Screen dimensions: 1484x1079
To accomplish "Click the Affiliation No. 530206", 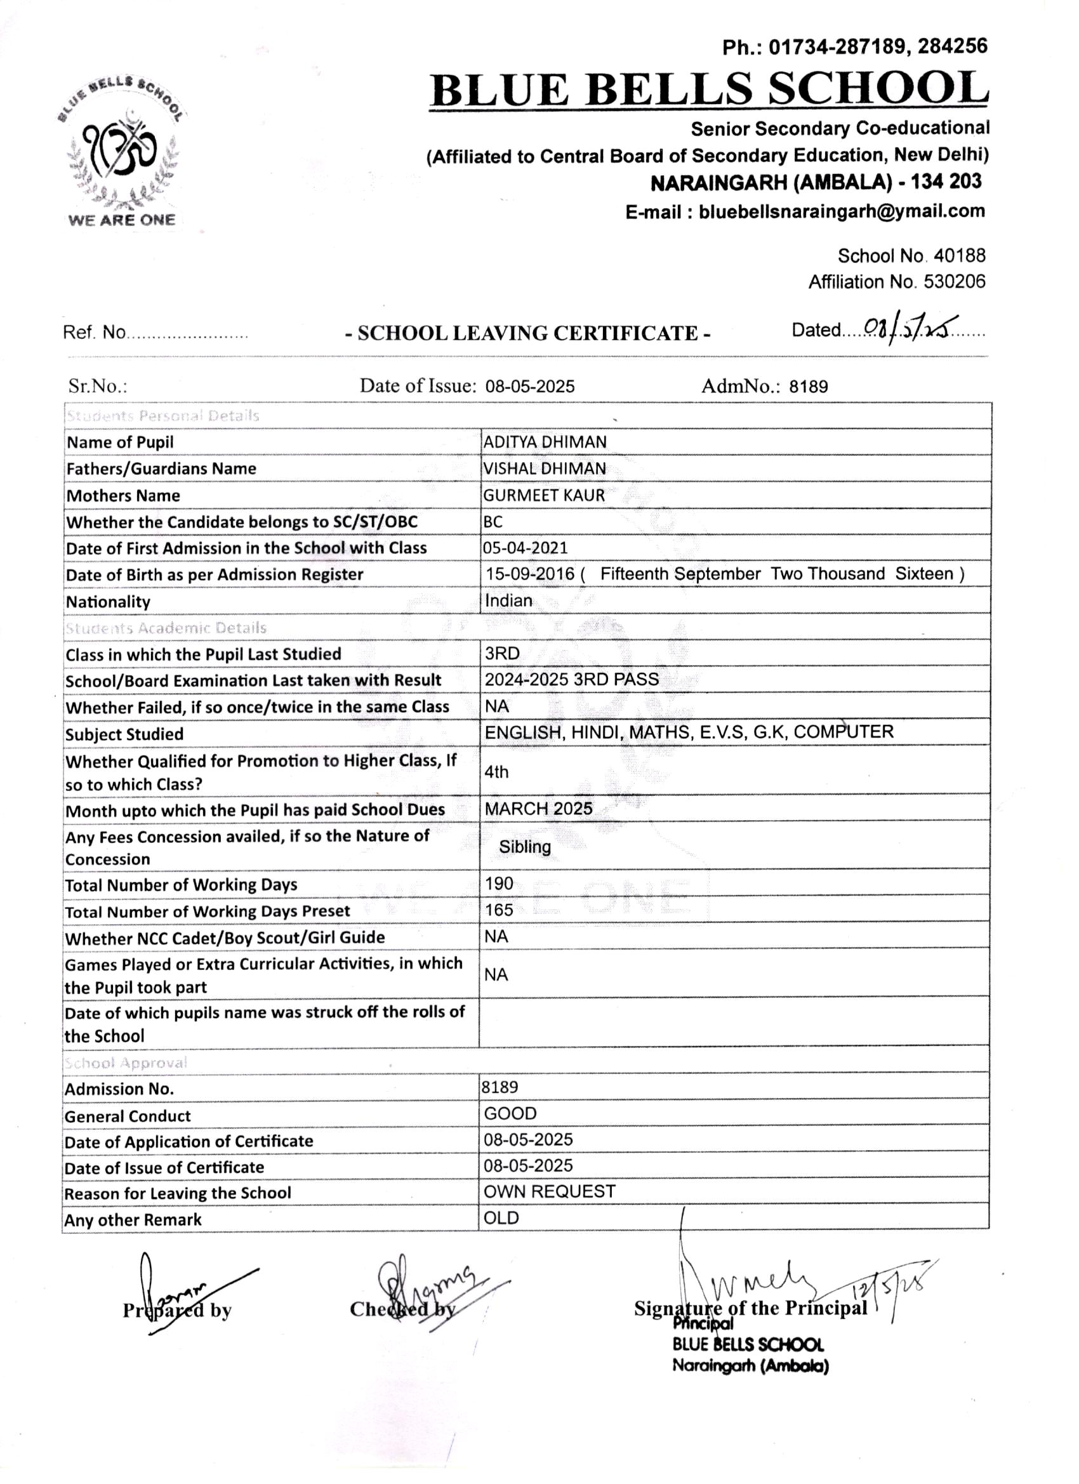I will click(896, 282).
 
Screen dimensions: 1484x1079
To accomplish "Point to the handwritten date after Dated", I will click(910, 326).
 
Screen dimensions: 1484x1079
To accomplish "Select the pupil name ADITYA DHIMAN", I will click(545, 442).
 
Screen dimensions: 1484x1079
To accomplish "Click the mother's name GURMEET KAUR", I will click(544, 496).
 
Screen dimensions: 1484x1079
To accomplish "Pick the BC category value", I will click(493, 522).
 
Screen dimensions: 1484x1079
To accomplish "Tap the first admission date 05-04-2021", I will click(526, 548).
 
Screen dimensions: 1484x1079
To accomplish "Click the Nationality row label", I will click(109, 602).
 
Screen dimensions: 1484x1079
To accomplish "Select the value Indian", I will click(508, 600).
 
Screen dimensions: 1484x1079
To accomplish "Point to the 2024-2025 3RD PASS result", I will click(571, 680).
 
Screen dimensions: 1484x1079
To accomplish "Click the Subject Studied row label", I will click(124, 735).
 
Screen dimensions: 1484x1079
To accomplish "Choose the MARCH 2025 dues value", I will click(538, 809).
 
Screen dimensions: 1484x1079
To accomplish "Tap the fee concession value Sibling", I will click(525, 847).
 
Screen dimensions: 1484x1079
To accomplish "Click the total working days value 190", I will click(499, 884).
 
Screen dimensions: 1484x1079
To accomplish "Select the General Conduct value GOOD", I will click(510, 1115).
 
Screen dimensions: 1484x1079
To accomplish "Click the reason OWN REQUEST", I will click(549, 1192).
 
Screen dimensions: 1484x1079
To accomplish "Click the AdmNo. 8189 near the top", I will click(808, 387).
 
